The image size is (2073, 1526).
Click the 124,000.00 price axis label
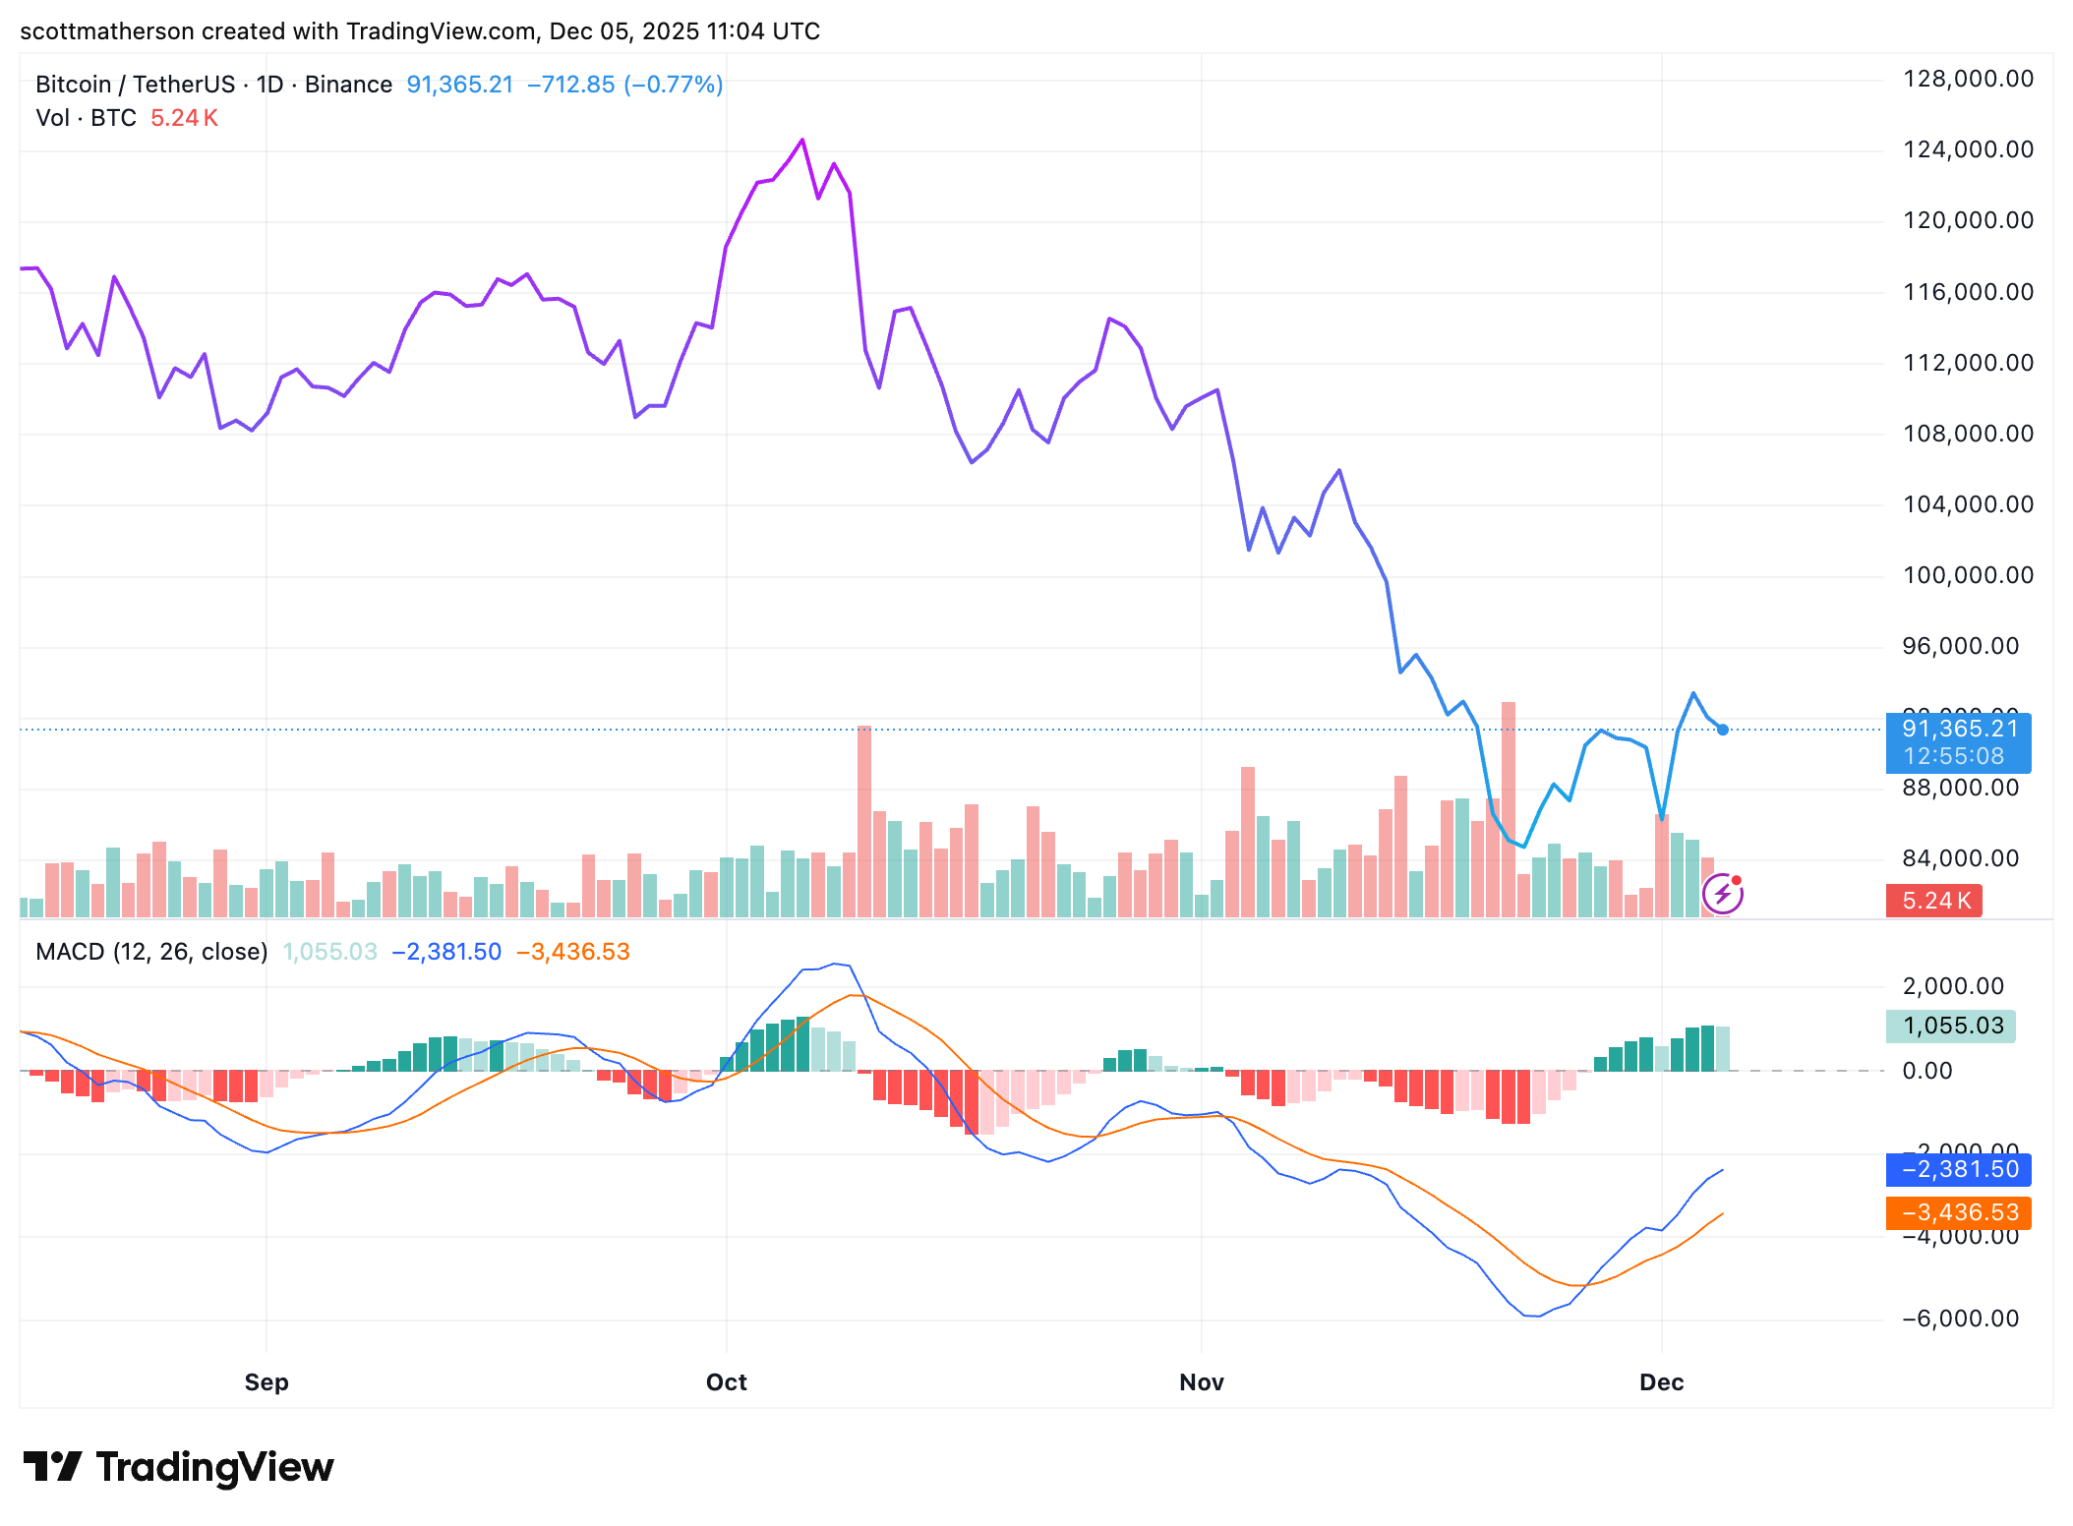pos(1968,149)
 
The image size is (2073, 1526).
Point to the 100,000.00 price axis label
pos(1968,575)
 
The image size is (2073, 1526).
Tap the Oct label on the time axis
pos(726,1382)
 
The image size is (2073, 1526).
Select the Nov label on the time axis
pos(1201,1382)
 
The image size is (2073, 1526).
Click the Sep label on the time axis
pos(267,1382)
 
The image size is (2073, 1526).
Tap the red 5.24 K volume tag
pos(1933,901)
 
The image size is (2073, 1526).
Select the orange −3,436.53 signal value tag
pos(1958,1212)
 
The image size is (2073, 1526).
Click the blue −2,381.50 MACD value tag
pos(1958,1169)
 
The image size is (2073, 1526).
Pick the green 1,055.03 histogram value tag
pos(1951,1027)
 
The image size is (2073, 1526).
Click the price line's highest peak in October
pos(802,141)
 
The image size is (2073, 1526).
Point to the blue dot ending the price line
pos(1722,730)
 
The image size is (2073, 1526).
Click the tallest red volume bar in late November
pos(1509,806)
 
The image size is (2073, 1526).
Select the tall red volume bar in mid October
pos(864,821)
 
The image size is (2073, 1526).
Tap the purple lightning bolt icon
pos(1722,894)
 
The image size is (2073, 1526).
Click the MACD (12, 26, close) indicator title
pos(151,952)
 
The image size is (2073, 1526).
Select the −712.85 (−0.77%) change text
pos(624,85)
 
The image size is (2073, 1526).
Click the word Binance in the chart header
pos(348,85)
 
